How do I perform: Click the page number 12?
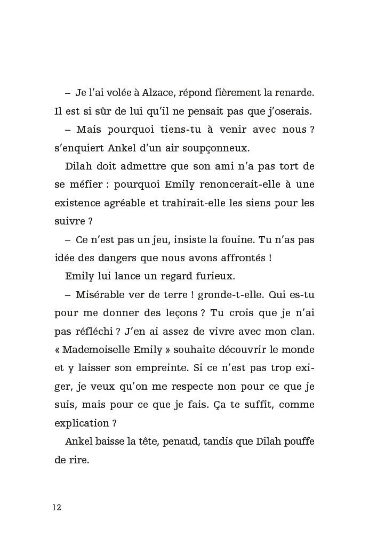pos(57,507)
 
